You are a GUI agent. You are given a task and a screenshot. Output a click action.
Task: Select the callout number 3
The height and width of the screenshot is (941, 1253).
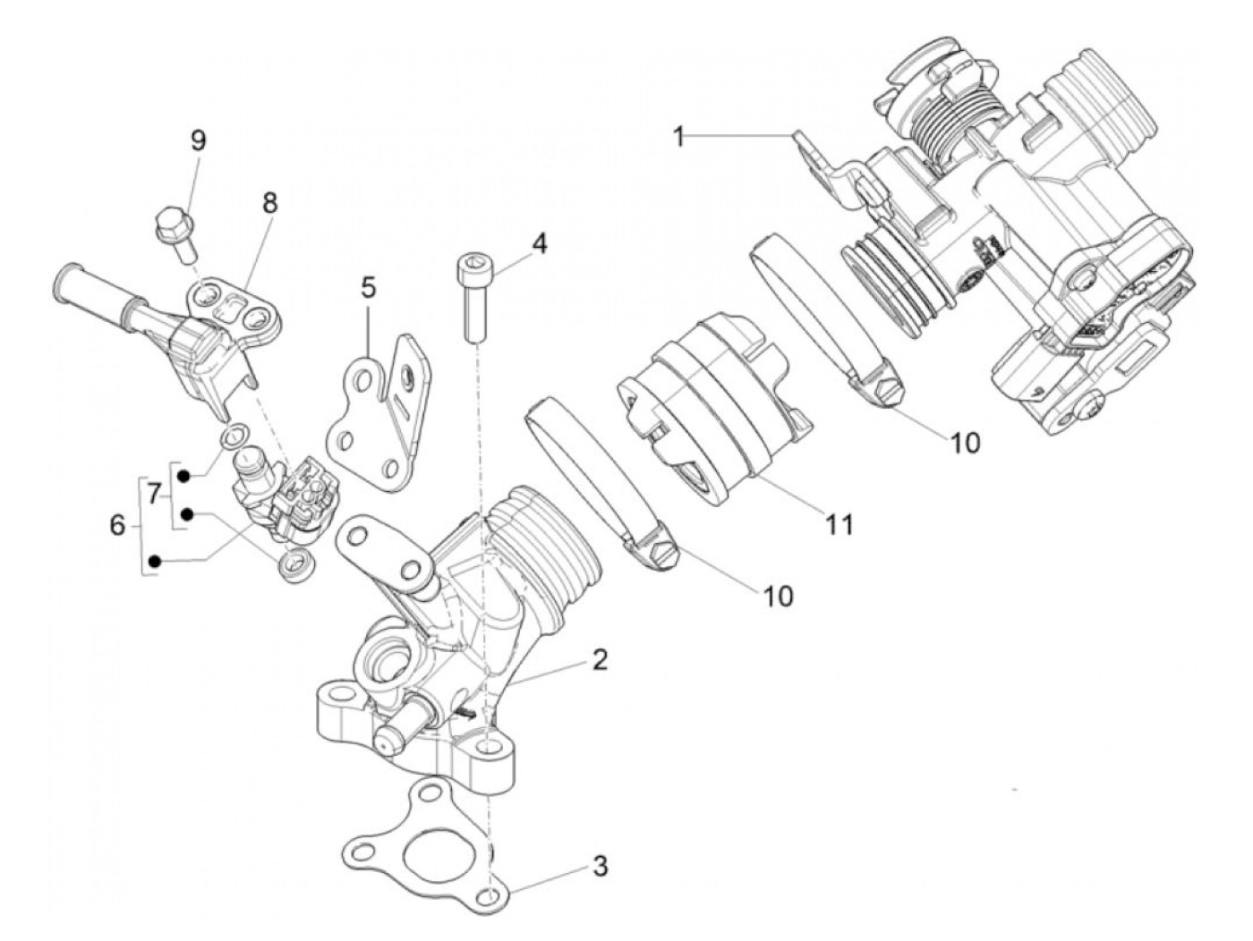point(600,866)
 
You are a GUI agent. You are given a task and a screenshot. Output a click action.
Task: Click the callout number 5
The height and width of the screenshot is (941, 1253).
point(369,288)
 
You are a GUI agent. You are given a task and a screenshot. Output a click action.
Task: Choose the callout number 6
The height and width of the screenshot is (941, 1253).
point(117,525)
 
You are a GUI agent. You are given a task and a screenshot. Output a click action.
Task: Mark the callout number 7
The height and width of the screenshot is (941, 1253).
point(153,493)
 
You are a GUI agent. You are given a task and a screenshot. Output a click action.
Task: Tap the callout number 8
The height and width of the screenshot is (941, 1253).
point(268,203)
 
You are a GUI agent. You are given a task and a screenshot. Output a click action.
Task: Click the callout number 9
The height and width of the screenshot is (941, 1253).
point(197,140)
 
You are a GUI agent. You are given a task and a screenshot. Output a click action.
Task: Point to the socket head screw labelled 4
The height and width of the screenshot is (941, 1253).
point(473,295)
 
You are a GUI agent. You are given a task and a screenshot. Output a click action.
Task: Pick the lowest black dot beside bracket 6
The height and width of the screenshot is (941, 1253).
point(155,561)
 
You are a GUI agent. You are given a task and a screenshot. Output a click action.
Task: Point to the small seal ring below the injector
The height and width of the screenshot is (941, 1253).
point(292,565)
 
